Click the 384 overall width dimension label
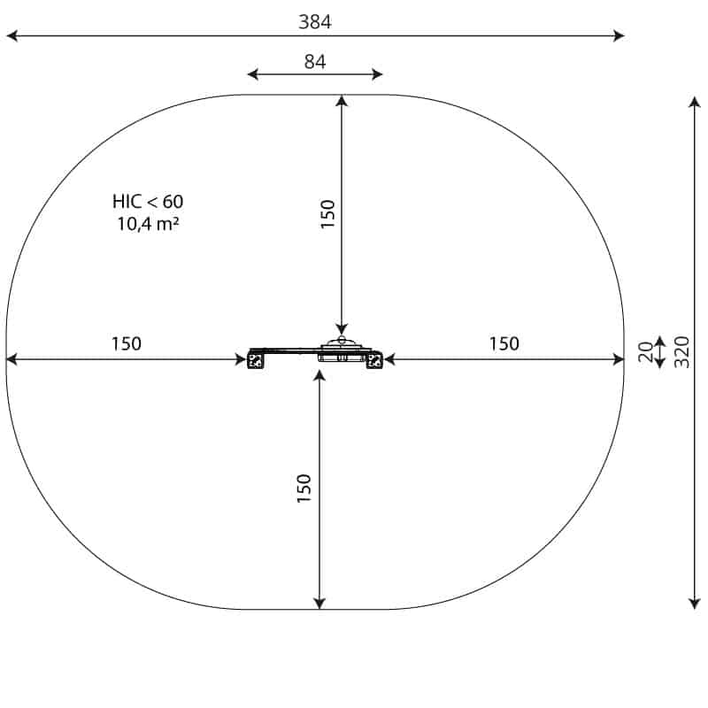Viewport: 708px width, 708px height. click(x=315, y=21)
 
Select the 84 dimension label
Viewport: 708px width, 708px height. click(x=315, y=62)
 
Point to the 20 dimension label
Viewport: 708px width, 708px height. click(x=646, y=351)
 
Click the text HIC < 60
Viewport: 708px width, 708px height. click(x=148, y=202)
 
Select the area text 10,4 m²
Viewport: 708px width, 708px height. click(x=148, y=224)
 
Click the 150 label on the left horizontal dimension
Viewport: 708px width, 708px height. click(x=127, y=343)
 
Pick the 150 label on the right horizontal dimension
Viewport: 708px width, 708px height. click(x=504, y=343)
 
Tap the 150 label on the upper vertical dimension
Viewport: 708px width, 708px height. click(x=327, y=214)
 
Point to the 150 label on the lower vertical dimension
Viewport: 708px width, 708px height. click(x=304, y=489)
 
